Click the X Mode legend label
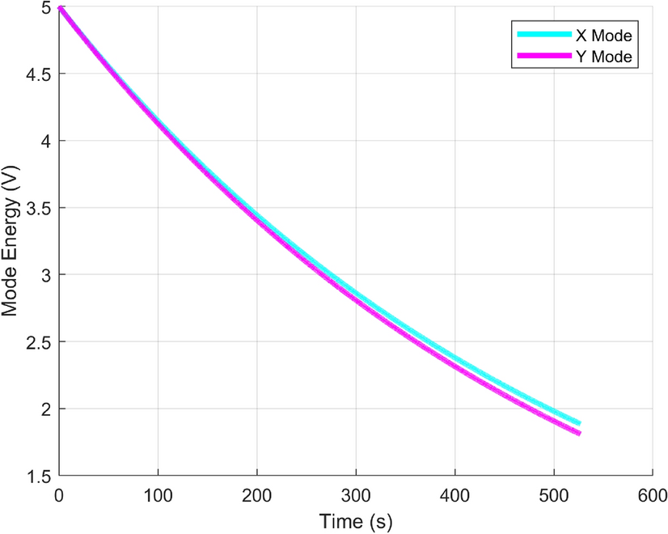click(x=602, y=36)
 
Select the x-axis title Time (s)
click(x=355, y=520)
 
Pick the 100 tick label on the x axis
click(x=158, y=494)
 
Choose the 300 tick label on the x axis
click(x=356, y=494)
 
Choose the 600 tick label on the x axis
click(x=652, y=494)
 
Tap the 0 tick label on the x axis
click(x=59, y=494)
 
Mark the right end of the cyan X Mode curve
click(x=579, y=423)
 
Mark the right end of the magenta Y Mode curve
click(x=579, y=434)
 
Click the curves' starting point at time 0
click(x=60, y=7)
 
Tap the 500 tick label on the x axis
click(x=553, y=494)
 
